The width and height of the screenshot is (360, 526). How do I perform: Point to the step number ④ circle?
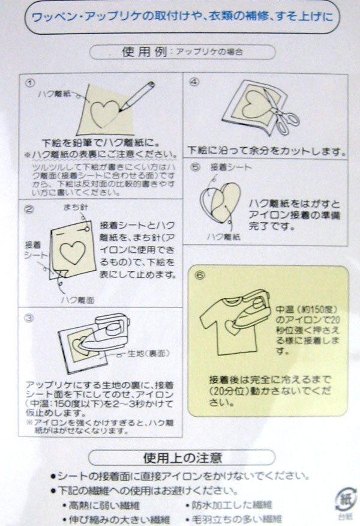(194, 82)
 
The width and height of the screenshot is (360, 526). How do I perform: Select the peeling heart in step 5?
(218, 201)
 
